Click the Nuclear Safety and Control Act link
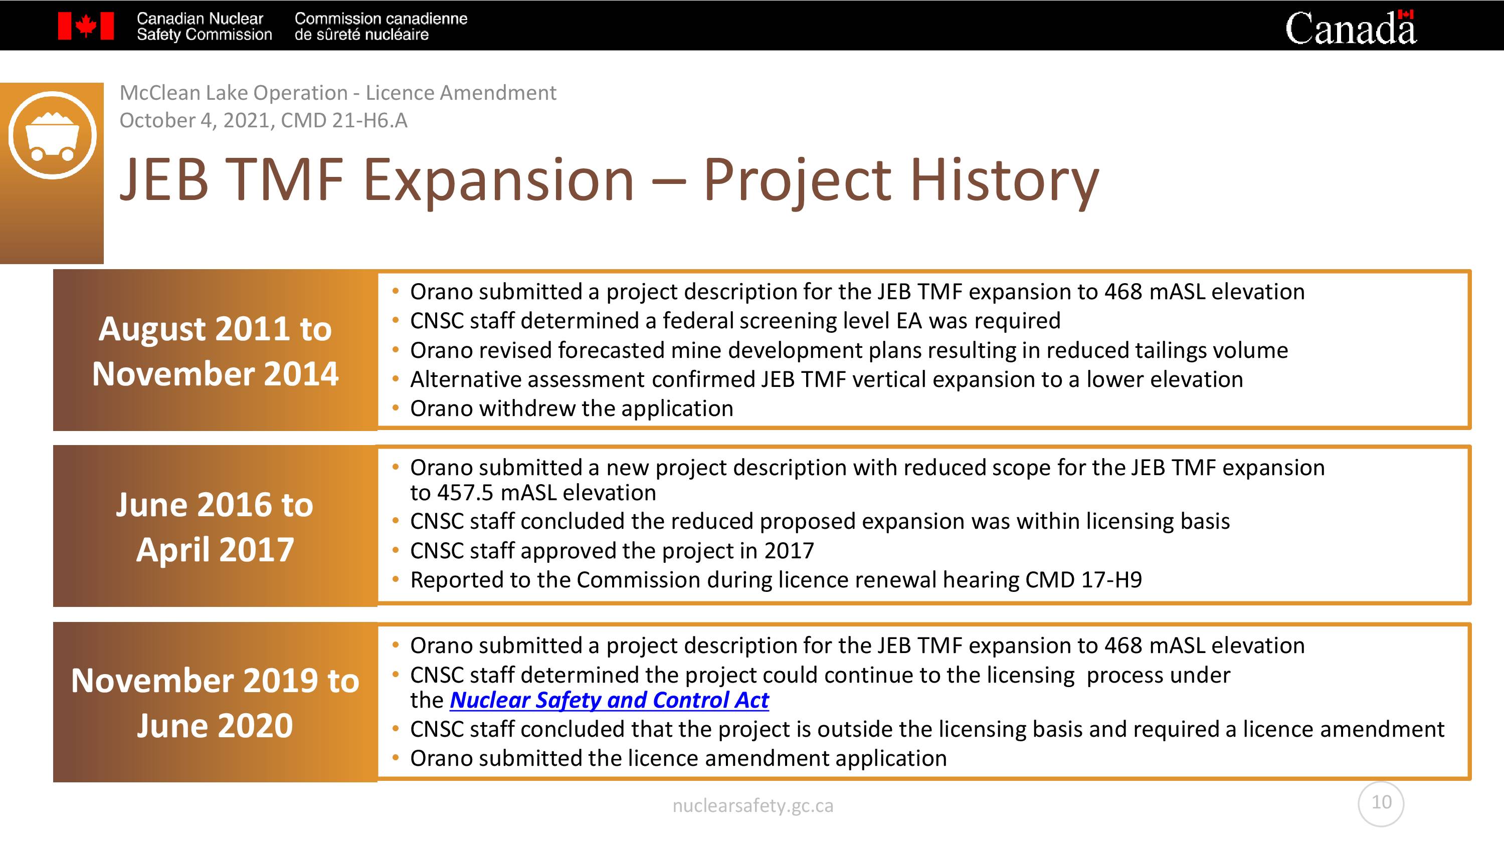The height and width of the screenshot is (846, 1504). click(x=609, y=700)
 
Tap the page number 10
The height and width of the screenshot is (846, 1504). click(x=1381, y=802)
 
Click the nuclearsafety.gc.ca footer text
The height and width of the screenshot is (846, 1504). click(x=753, y=806)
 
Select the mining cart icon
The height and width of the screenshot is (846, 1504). click(x=53, y=135)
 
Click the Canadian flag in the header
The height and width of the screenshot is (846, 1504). click(x=86, y=26)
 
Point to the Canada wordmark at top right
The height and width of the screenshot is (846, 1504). click(x=1351, y=27)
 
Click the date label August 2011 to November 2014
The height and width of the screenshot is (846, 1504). click(x=215, y=351)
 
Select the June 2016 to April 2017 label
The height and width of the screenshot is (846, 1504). click(x=215, y=527)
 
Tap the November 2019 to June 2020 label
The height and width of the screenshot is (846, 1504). click(x=215, y=703)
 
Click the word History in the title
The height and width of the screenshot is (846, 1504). click(x=1004, y=180)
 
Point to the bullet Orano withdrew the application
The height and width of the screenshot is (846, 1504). click(x=572, y=408)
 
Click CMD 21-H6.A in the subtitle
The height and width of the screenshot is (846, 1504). click(x=344, y=120)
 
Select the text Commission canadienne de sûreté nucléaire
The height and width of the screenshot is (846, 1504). click(x=381, y=26)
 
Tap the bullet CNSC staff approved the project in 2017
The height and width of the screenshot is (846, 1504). click(x=612, y=551)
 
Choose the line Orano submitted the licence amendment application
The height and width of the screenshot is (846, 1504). click(x=678, y=758)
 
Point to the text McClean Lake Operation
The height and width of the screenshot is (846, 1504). click(x=234, y=93)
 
